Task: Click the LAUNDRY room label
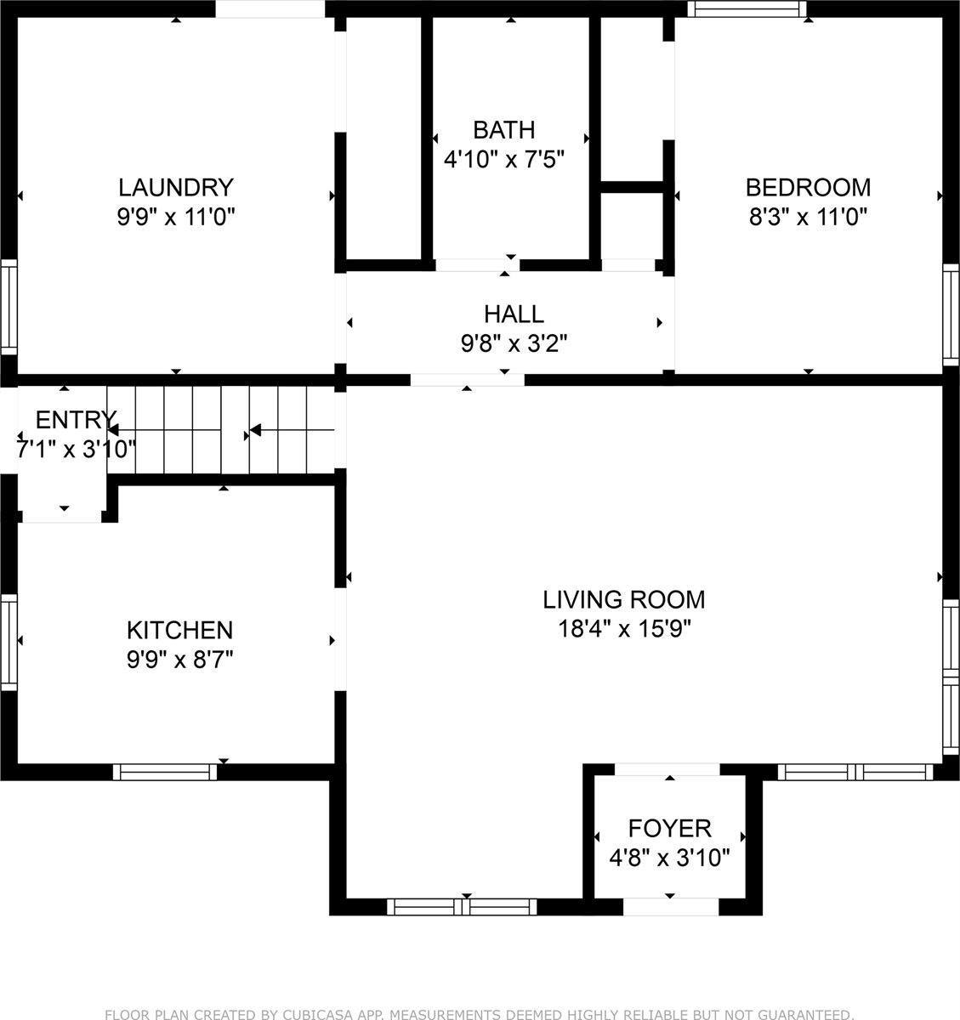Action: pyautogui.click(x=175, y=187)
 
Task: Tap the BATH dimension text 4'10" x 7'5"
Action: pyautogui.click(x=504, y=160)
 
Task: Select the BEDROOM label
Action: pyautogui.click(x=808, y=187)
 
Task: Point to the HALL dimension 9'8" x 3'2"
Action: pyautogui.click(x=514, y=343)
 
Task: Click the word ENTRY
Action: pyautogui.click(x=75, y=420)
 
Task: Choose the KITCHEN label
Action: pyautogui.click(x=179, y=630)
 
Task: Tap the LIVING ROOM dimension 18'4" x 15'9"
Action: pyautogui.click(x=624, y=629)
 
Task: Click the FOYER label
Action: pyautogui.click(x=669, y=828)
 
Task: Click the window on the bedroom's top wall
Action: pyautogui.click(x=747, y=8)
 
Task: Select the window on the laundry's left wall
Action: pyautogui.click(x=9, y=308)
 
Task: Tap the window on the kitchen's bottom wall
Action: pyautogui.click(x=165, y=771)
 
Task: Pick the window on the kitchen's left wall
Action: pyautogui.click(x=9, y=642)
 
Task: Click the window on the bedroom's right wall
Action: pyautogui.click(x=951, y=314)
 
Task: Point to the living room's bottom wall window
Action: pyautogui.click(x=463, y=906)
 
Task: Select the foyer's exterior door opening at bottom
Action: pyautogui.click(x=671, y=906)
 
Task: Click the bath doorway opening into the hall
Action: pyautogui.click(x=476, y=264)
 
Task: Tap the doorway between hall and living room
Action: pyautogui.click(x=467, y=380)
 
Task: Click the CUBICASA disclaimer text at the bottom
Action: pyautogui.click(x=480, y=1013)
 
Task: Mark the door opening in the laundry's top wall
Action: pyautogui.click(x=270, y=8)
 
